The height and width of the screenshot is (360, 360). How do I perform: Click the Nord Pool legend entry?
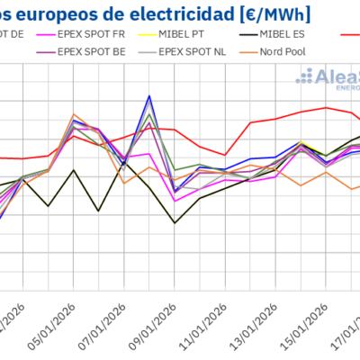288,50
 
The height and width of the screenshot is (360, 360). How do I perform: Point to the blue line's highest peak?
149,95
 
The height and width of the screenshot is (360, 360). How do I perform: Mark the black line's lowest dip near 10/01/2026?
175,222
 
